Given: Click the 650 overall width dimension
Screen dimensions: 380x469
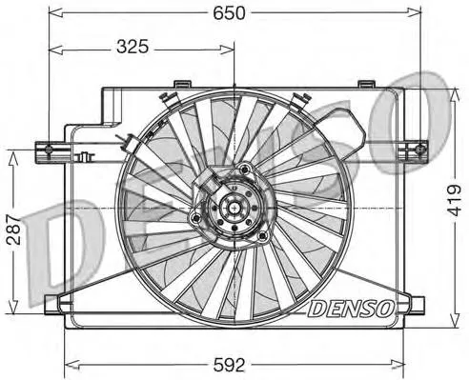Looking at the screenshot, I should point(236,12).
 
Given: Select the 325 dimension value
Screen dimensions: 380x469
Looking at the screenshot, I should point(137,46).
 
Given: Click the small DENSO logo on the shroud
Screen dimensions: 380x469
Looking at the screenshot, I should point(349,307).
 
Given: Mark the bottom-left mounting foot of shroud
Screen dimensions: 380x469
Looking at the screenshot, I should point(55,305).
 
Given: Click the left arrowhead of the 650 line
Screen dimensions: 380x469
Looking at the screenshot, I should point(53,12).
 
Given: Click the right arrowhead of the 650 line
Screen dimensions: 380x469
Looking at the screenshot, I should point(417,12).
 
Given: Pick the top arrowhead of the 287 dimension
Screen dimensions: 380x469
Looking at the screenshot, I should point(12,152).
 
